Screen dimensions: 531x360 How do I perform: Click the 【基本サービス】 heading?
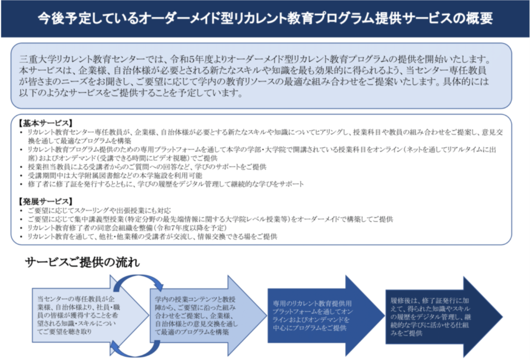pyautogui.click(x=46, y=123)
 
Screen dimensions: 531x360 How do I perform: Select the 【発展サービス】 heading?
pyautogui.click(x=46, y=201)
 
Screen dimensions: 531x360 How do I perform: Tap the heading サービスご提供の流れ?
pyautogui.click(x=82, y=262)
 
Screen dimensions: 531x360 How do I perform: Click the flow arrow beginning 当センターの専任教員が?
pyautogui.click(x=90, y=315)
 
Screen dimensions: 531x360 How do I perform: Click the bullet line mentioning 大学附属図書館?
pyautogui.click(x=115, y=175)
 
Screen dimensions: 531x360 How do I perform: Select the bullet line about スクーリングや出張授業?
pyautogui.click(x=99, y=211)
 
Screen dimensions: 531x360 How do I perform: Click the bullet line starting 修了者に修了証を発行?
pyautogui.click(x=165, y=184)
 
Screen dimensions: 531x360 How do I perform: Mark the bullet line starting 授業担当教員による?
pyautogui.click(x=147, y=167)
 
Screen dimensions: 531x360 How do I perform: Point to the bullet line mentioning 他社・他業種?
pyautogui.click(x=152, y=237)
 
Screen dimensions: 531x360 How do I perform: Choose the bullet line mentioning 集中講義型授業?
pyautogui.click(x=211, y=219)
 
